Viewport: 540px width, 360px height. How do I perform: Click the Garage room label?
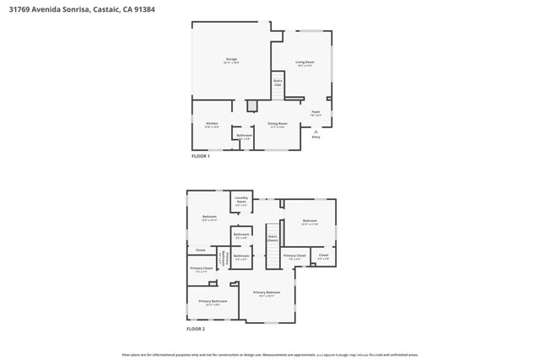230,61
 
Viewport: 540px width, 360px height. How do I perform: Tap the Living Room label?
305,62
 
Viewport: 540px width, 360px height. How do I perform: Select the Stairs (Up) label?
277,83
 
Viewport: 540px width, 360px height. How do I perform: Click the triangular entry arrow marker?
316,132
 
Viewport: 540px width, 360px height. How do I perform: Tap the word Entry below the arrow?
316,137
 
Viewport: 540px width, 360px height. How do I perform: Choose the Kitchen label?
211,125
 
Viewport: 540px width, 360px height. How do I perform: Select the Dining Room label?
278,125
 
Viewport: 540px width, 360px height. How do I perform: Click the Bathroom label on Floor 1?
244,136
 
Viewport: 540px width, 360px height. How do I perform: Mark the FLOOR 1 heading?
200,157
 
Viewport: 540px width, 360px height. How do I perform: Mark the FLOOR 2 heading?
195,328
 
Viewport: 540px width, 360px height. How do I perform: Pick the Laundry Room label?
240,201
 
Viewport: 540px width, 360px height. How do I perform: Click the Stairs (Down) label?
273,238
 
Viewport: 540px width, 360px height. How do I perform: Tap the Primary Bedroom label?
267,293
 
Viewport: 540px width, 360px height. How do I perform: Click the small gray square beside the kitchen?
251,106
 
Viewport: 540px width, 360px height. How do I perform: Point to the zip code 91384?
143,9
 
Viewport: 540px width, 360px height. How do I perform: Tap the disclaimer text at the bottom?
270,355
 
